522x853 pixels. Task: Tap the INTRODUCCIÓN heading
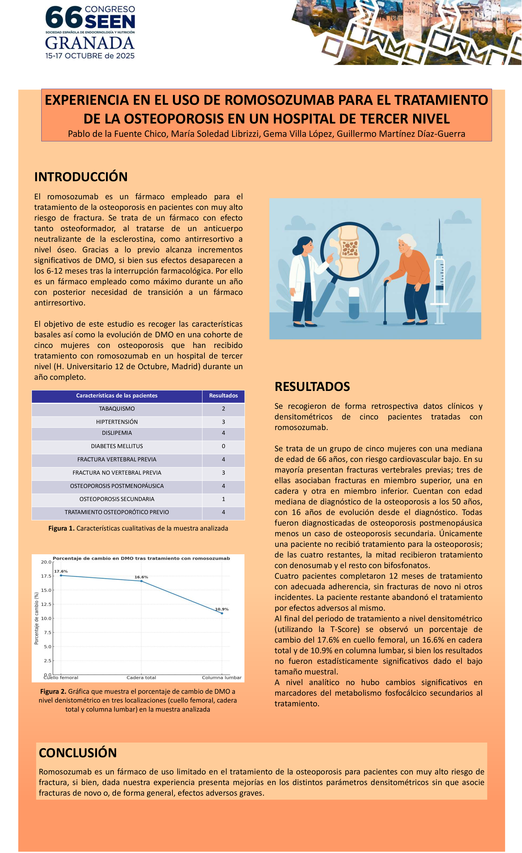click(81, 177)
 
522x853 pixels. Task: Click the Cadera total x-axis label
click(141, 677)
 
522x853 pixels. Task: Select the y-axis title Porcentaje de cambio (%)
click(36, 618)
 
